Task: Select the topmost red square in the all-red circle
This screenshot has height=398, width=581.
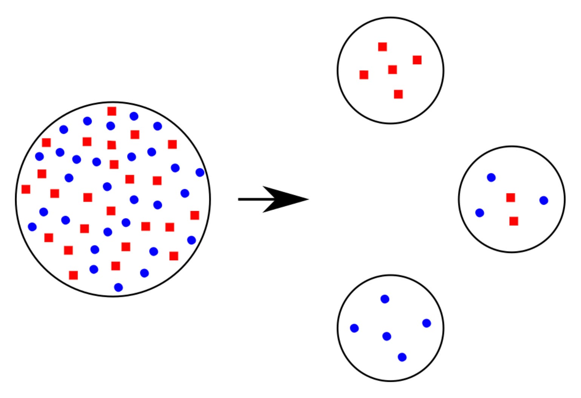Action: [383, 47]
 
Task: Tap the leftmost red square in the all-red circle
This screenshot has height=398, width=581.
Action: [364, 75]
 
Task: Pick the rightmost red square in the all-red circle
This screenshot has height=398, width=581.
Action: [417, 60]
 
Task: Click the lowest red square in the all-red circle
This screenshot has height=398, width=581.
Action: [398, 94]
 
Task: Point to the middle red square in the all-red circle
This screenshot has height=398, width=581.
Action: [392, 70]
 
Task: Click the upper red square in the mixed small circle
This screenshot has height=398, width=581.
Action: [510, 197]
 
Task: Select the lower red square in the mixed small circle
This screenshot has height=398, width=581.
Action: [513, 221]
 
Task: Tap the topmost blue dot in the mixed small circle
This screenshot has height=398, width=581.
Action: [491, 177]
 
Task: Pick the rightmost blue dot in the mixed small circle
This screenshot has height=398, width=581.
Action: [544, 201]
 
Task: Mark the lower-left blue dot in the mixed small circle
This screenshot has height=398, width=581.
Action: [480, 213]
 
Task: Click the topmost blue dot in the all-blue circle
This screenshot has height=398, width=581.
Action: [385, 299]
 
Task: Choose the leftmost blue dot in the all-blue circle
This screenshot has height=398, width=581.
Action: [354, 328]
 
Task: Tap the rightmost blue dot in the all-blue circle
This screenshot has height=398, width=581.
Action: [427, 323]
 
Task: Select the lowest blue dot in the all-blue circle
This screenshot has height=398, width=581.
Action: [402, 357]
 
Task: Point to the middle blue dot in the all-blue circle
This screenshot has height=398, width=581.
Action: [387, 336]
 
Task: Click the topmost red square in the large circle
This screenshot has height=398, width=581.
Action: [112, 111]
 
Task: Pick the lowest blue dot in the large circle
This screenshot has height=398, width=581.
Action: [118, 287]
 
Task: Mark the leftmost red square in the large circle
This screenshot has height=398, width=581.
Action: [26, 189]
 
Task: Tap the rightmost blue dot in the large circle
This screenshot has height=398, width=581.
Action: [200, 173]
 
